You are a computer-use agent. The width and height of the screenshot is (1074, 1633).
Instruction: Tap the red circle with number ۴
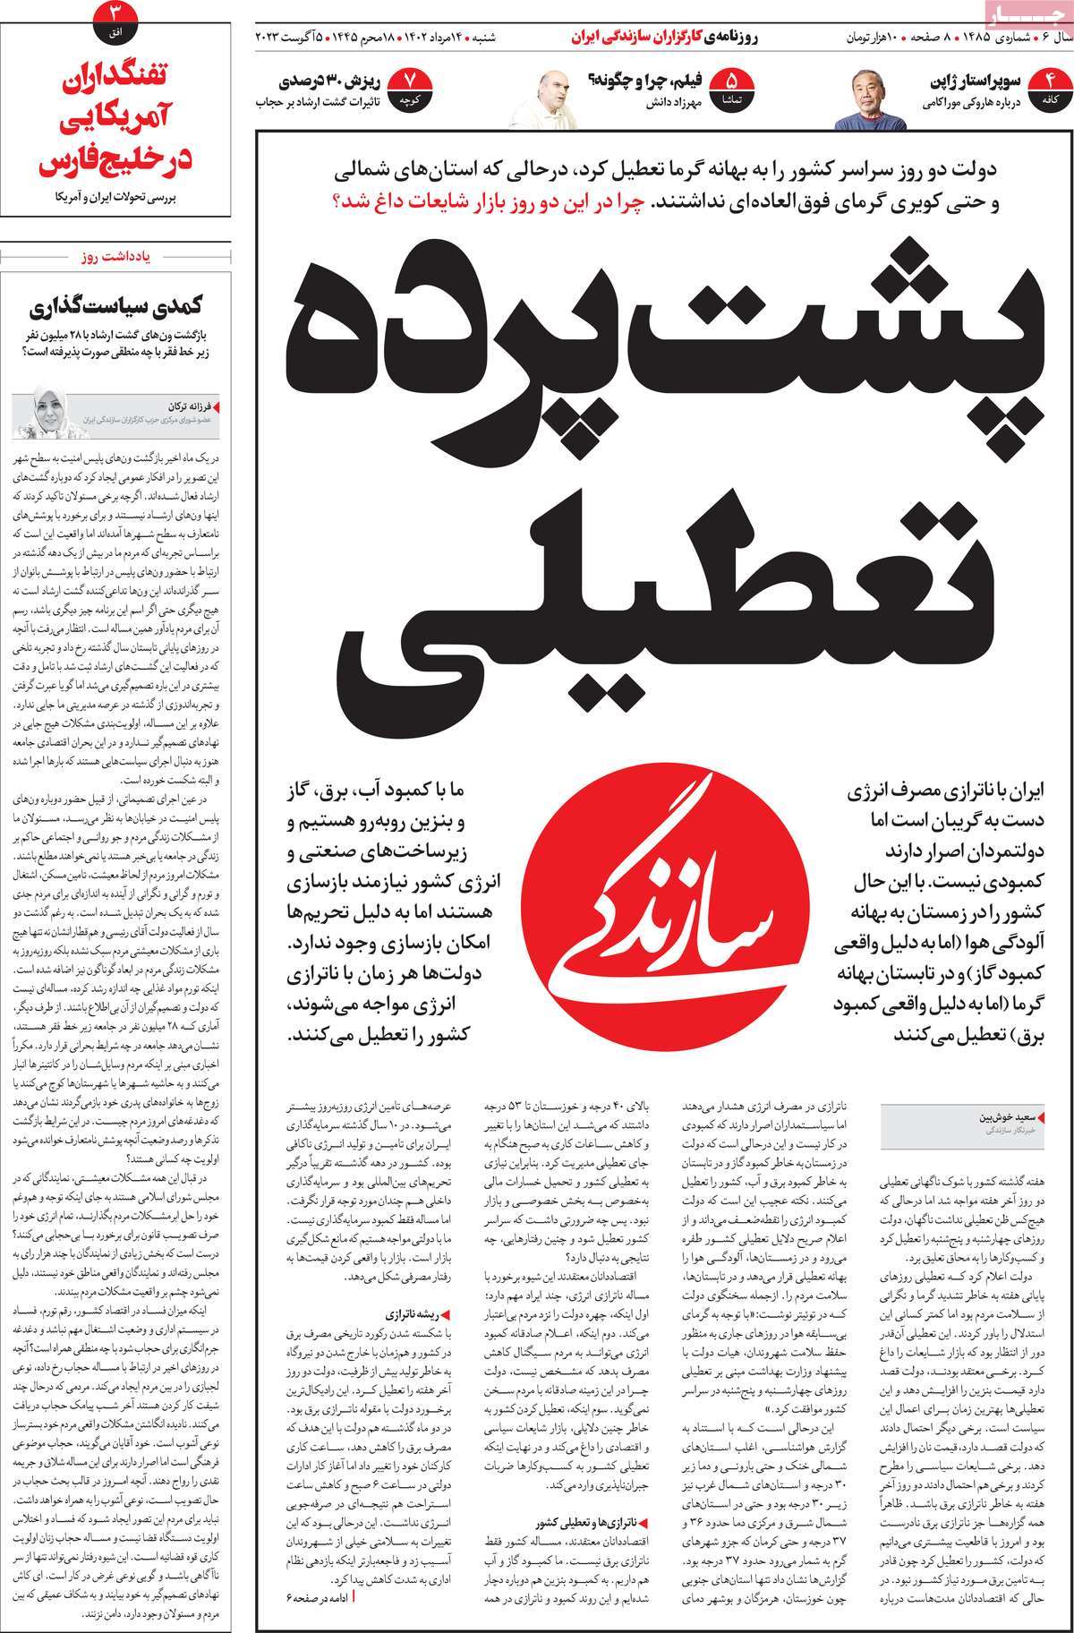(1050, 89)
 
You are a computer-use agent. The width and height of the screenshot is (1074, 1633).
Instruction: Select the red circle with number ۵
(734, 89)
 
